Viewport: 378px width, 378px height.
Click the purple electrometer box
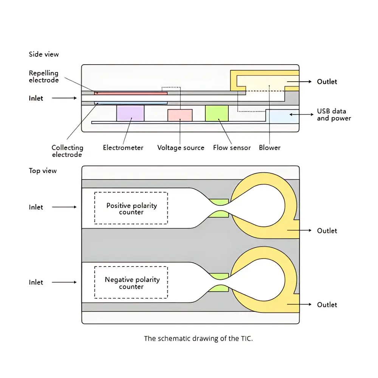(x=130, y=113)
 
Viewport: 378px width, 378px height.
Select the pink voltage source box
(x=180, y=115)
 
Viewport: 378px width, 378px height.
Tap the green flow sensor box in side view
(x=217, y=113)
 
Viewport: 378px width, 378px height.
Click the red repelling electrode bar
(x=131, y=93)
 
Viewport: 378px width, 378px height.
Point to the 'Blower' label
(x=270, y=147)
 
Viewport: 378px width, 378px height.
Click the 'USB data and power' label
(x=334, y=115)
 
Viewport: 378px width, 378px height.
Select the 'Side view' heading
(x=44, y=54)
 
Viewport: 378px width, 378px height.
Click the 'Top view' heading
(x=43, y=171)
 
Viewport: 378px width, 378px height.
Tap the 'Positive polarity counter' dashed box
(x=131, y=208)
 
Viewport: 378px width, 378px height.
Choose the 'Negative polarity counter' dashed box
(x=131, y=282)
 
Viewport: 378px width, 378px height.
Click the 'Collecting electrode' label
(x=67, y=151)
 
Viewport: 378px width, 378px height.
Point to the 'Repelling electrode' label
(x=44, y=76)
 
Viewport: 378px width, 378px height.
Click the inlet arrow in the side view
(x=64, y=98)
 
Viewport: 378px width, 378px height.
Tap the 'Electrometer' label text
(x=123, y=147)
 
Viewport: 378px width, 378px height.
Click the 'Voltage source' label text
(x=181, y=147)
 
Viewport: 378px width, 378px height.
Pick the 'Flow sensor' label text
(x=232, y=147)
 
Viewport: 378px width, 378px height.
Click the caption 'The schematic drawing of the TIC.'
(x=198, y=338)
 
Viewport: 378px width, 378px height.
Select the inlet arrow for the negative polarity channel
(x=64, y=282)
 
